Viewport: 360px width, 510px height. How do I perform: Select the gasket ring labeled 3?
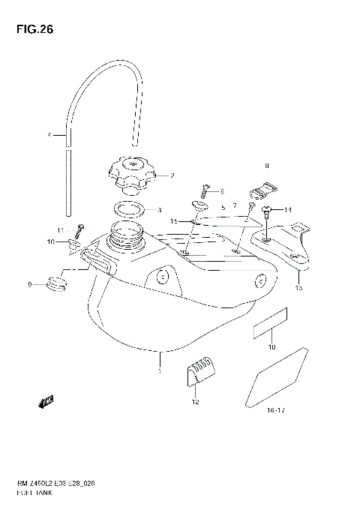click(x=129, y=209)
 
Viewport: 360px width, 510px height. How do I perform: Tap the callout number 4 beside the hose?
click(x=49, y=136)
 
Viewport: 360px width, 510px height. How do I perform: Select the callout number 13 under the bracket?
click(x=298, y=288)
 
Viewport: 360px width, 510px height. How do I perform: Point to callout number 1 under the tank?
click(x=159, y=370)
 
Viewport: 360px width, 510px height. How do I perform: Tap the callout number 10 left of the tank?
click(x=51, y=241)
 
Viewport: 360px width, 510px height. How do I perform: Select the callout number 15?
click(x=173, y=221)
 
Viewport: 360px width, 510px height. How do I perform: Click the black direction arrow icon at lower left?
click(x=46, y=403)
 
